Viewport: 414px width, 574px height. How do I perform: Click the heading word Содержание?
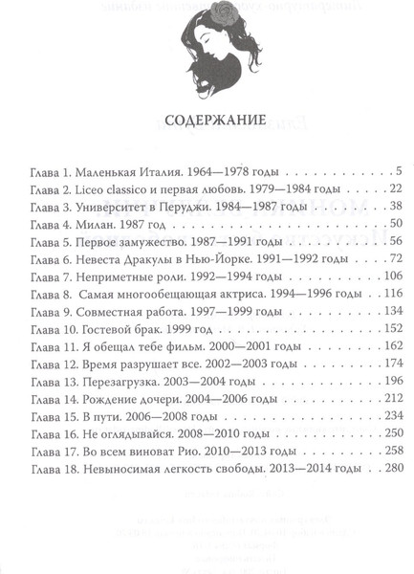(x=207, y=123)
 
